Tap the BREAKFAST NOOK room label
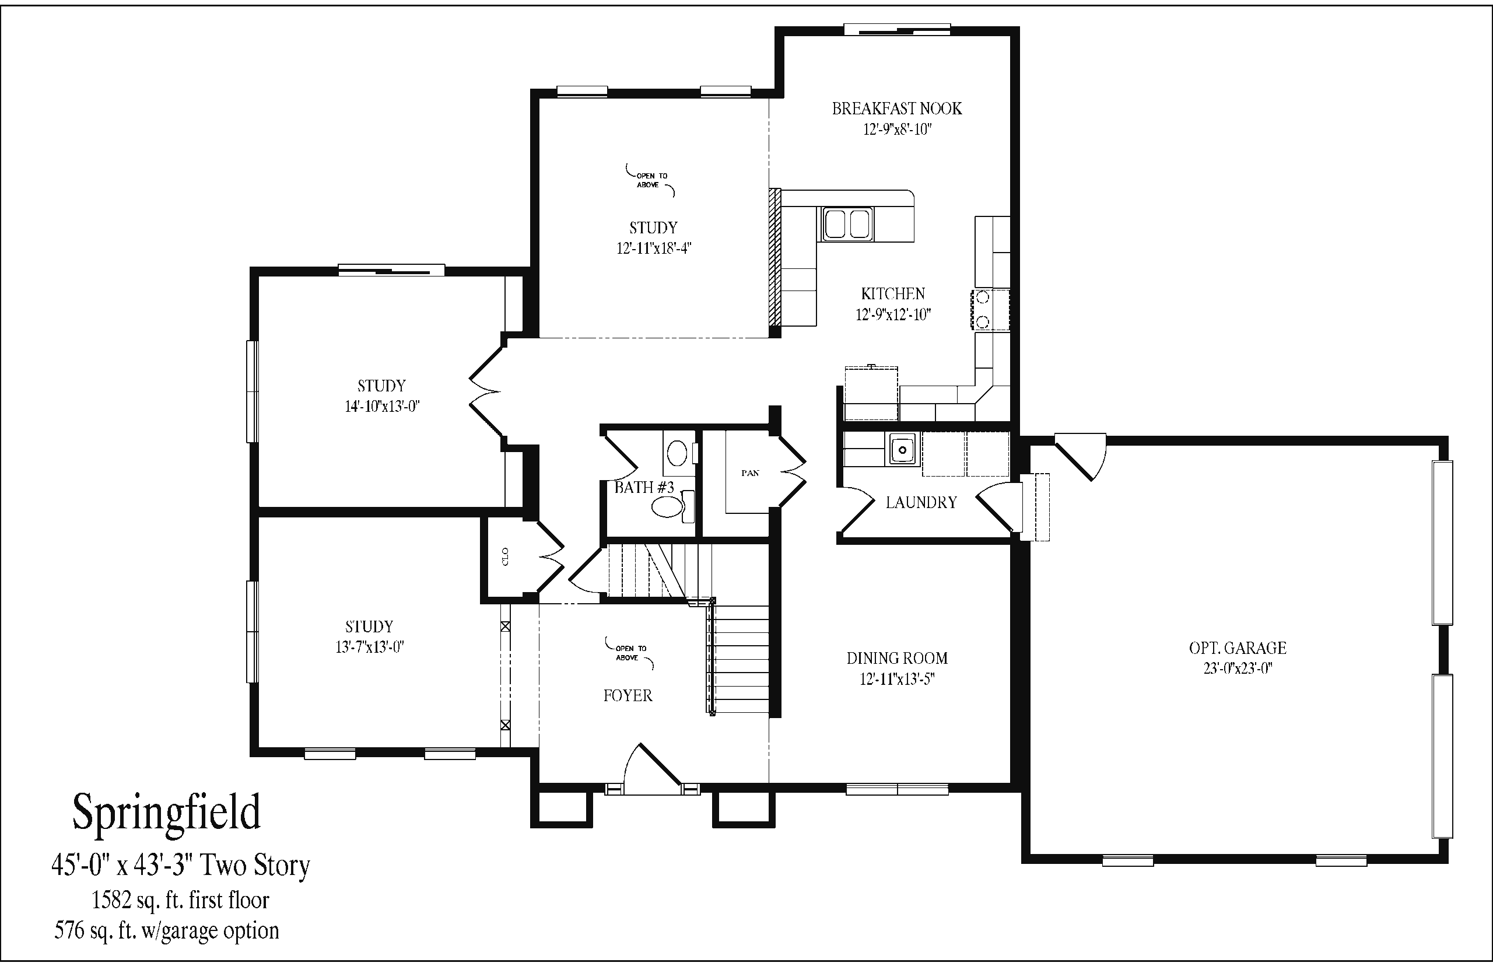click(897, 109)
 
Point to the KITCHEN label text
click(893, 293)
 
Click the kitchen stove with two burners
click(990, 310)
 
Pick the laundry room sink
click(902, 449)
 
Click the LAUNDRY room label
click(921, 502)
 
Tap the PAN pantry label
click(750, 473)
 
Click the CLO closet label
click(506, 556)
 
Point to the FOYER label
click(628, 696)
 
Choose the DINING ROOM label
click(897, 658)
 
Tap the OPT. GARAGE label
click(1237, 648)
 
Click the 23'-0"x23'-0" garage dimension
click(1237, 668)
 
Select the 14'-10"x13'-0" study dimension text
click(382, 407)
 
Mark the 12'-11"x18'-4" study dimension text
click(653, 249)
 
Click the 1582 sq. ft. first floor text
click(181, 901)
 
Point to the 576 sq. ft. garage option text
click(166, 930)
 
